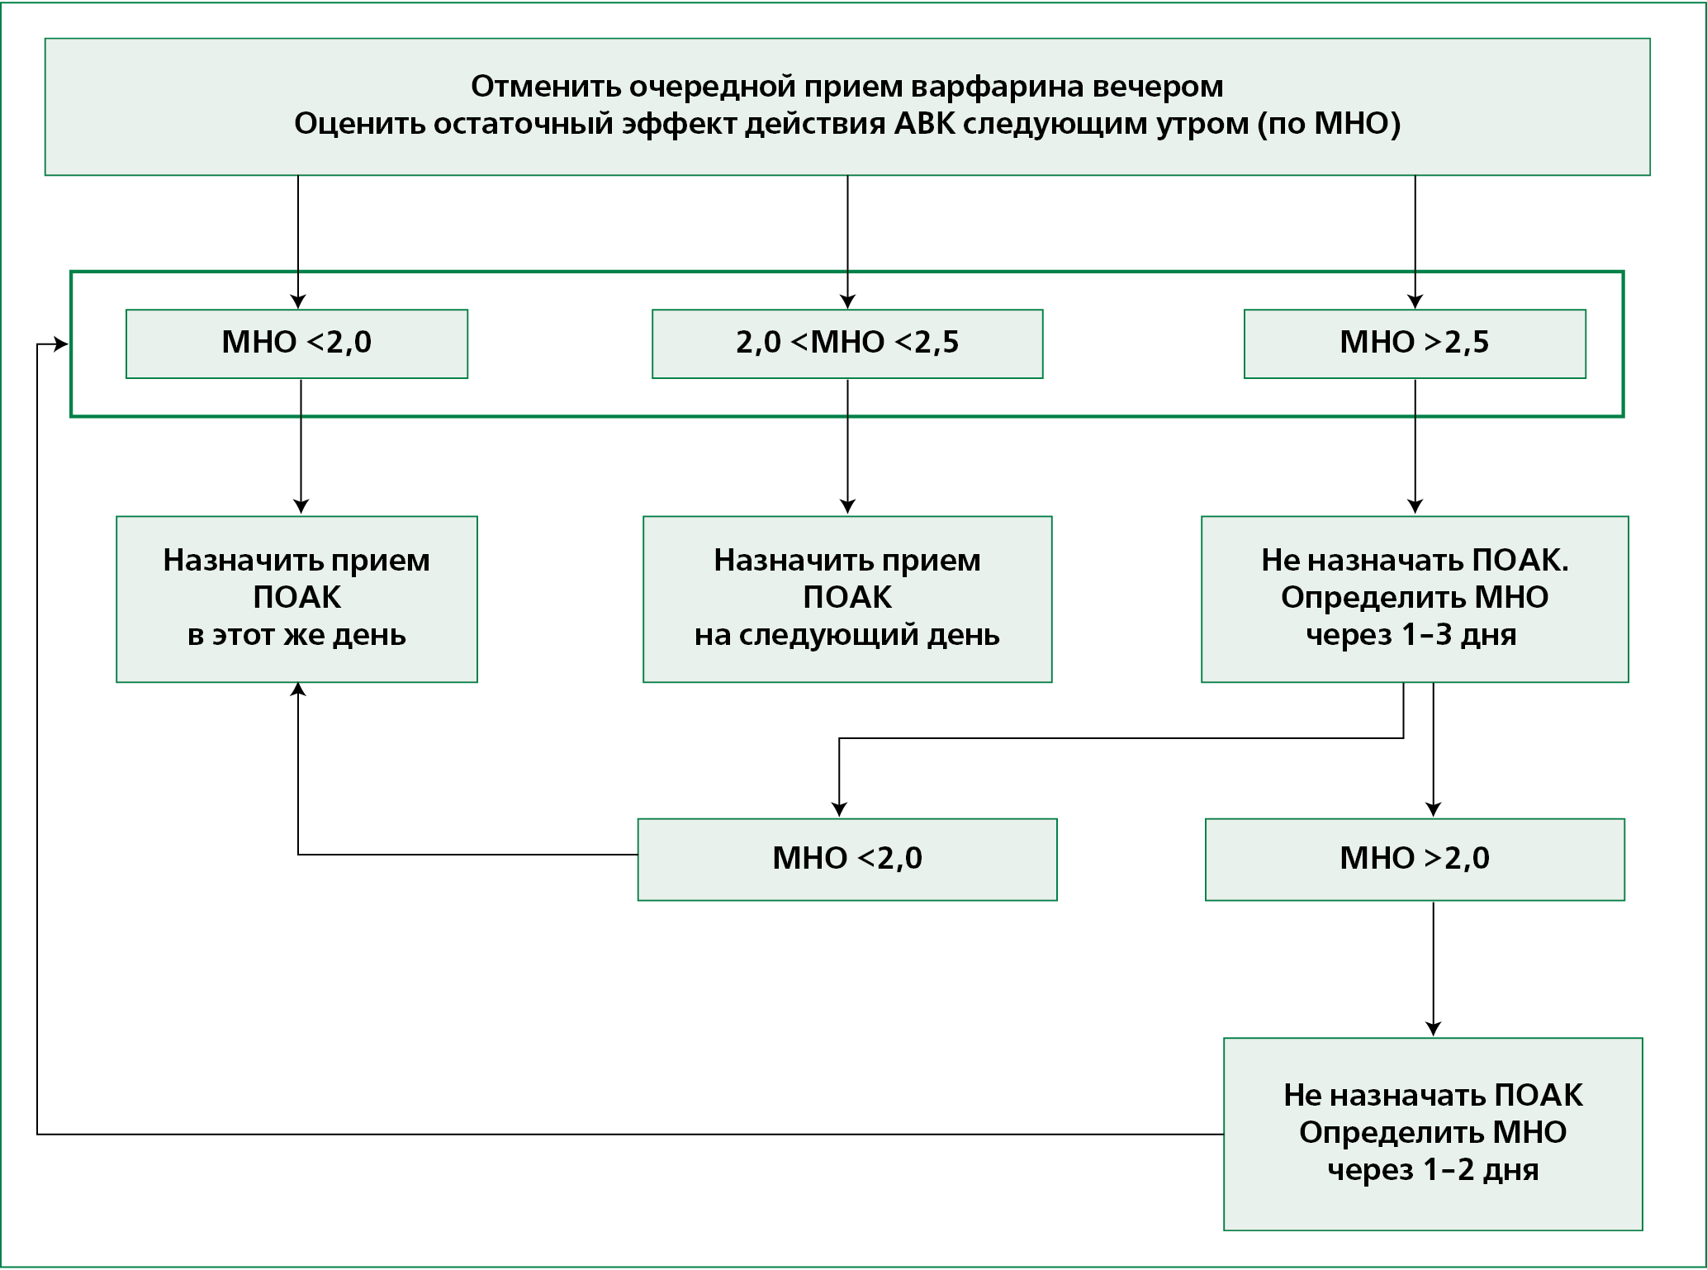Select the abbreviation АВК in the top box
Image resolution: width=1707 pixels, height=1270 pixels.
925,124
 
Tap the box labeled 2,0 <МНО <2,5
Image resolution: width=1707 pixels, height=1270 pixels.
847,344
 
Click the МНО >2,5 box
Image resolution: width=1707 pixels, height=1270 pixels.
1415,344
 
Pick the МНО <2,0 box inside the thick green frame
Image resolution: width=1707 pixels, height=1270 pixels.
296,344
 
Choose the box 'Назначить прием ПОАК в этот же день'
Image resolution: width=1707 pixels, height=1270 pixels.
296,599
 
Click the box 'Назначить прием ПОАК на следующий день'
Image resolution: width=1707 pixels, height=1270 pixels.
847,599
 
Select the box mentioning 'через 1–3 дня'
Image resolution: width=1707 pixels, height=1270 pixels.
1415,599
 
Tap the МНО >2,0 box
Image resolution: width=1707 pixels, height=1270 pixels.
1415,859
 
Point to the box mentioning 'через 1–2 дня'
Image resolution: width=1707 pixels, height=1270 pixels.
1433,1134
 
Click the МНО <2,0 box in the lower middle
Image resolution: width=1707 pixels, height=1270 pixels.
847,859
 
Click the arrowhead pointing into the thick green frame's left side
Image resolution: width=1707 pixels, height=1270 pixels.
61,344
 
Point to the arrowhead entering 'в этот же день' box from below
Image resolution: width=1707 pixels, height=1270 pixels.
298,690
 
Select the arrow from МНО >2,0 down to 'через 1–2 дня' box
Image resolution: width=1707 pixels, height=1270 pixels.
1434,969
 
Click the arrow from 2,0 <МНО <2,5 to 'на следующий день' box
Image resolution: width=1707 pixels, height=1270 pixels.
847,447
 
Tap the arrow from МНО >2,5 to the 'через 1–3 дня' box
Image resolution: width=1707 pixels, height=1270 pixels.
1415,447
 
